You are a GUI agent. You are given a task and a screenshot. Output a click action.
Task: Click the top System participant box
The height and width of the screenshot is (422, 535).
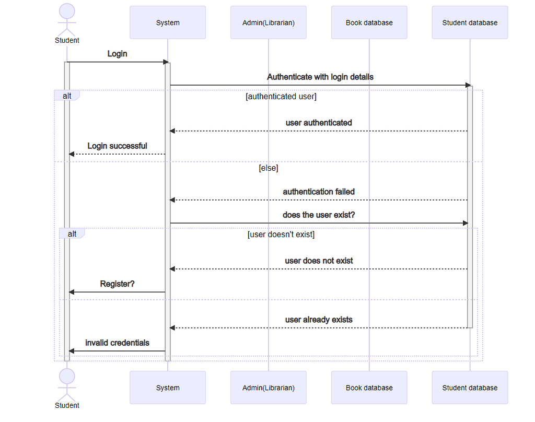click(168, 22)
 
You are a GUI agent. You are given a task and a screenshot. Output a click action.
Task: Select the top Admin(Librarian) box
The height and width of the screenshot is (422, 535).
click(269, 22)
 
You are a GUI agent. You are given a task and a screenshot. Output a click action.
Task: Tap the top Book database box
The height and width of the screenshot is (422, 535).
click(369, 22)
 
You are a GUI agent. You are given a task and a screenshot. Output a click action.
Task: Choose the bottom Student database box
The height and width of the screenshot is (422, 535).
click(470, 388)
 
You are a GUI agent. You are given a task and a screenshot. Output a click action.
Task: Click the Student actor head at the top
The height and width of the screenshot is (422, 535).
click(67, 11)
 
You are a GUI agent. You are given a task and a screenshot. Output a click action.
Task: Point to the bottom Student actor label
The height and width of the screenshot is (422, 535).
click(67, 405)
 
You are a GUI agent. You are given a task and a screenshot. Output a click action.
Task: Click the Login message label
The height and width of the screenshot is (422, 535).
click(118, 54)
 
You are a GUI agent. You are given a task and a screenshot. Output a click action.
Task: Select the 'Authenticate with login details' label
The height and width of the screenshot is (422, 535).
click(320, 77)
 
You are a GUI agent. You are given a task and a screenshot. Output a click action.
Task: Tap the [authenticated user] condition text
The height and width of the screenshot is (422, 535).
click(281, 97)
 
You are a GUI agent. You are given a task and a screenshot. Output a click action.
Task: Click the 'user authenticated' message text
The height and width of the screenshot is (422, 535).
click(319, 123)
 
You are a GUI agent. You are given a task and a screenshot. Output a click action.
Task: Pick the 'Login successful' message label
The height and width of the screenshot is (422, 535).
click(118, 146)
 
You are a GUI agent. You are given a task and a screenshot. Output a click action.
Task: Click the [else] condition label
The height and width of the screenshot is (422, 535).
click(269, 168)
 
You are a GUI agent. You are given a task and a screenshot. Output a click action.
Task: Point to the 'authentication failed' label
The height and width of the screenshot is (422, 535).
click(319, 192)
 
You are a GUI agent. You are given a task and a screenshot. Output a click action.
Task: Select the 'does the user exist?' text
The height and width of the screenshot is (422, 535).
click(319, 215)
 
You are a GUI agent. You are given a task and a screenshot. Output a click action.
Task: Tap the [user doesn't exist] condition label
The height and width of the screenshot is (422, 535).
click(281, 235)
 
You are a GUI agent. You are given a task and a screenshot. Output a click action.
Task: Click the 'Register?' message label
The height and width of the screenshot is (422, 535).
click(118, 284)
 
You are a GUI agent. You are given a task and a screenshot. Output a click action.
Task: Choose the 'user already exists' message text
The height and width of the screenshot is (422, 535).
click(319, 320)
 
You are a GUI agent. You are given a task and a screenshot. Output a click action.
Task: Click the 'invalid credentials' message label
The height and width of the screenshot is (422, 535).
click(118, 343)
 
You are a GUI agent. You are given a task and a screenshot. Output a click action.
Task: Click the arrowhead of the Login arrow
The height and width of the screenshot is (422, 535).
click(166, 62)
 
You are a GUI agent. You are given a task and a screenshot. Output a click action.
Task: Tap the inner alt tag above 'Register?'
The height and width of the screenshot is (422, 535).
click(72, 233)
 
